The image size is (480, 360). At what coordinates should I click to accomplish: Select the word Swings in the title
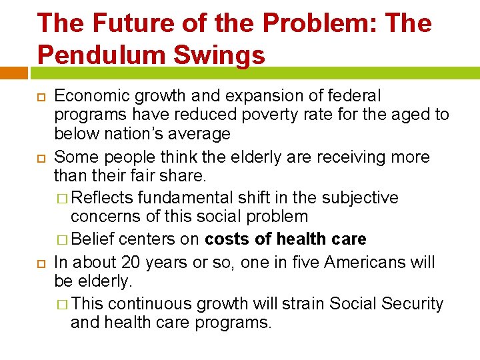pos(221,55)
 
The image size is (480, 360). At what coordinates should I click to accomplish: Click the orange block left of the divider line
pos(13,72)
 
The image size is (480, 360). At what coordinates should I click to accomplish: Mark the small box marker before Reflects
pos(63,198)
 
